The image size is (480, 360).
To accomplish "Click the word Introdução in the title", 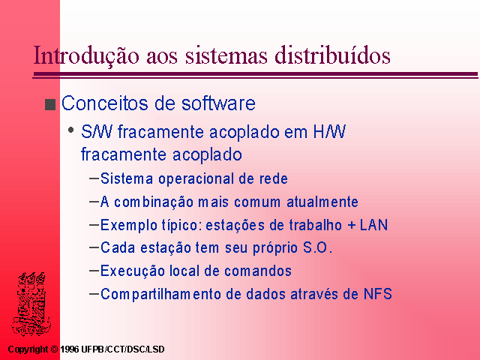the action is point(86,55).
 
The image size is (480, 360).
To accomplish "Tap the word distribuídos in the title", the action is point(332,55).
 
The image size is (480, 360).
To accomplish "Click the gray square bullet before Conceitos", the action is point(50,104).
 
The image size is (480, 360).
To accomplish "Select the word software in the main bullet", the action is point(218,103).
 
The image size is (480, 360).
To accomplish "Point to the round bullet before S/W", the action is point(71,130).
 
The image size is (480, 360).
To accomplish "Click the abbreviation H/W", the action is point(329,132).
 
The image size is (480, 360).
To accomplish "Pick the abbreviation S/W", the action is point(97,132).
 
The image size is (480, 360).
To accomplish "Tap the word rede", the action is point(273,178).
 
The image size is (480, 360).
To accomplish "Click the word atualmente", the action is point(322,202).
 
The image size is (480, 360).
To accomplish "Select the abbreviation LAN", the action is point(373,225).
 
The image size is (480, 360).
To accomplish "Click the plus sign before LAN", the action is point(352,226).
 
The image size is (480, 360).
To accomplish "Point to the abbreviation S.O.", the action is point(317,247).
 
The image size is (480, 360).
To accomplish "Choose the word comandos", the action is point(258,271).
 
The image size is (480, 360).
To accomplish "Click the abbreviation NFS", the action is point(378,294).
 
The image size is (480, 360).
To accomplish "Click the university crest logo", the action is point(31,303).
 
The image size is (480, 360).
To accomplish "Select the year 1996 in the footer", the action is point(70,349).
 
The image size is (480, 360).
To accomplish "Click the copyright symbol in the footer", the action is point(54,349).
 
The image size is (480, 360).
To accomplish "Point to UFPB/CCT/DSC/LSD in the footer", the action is point(123,349).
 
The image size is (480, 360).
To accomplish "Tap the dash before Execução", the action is point(94,271).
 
